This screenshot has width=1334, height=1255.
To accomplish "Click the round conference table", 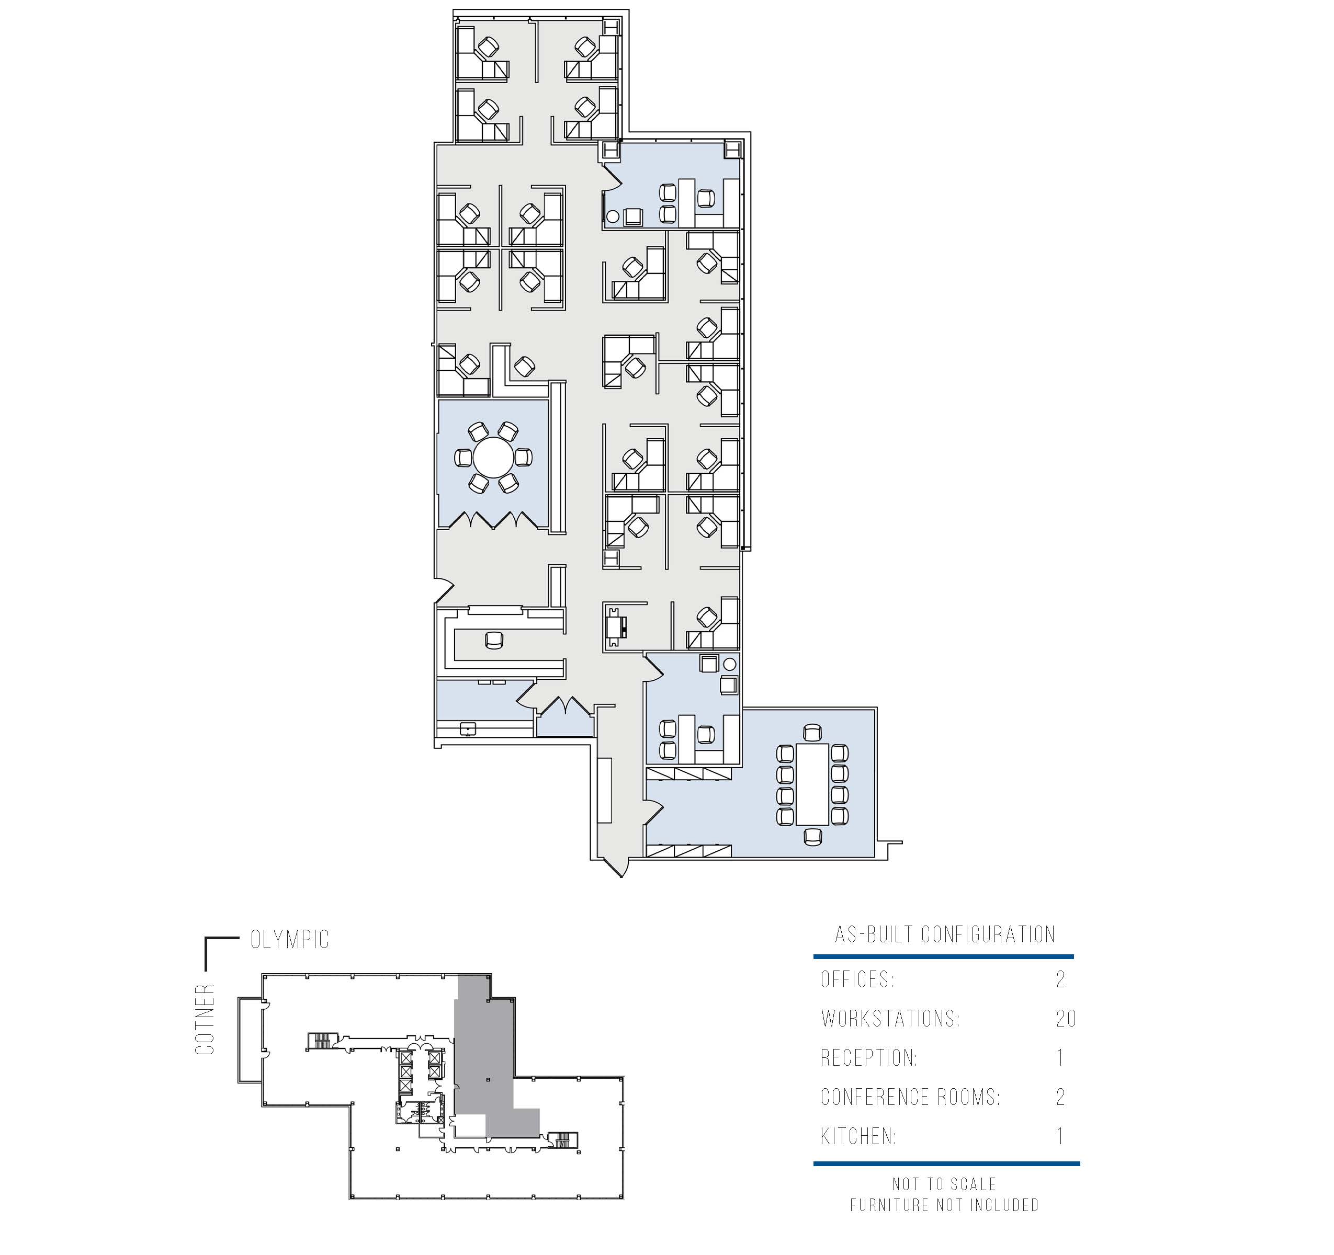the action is (x=494, y=457).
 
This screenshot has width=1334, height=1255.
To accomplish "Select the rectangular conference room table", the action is (x=812, y=784).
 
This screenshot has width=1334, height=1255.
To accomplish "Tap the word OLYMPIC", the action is (x=290, y=940).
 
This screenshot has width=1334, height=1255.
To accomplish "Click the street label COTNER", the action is (x=205, y=1020).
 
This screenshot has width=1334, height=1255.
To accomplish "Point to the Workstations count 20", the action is (x=1066, y=1019).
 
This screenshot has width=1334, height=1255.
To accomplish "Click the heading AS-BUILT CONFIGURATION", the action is (x=945, y=934).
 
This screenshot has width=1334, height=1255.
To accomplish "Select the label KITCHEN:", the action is (x=858, y=1136).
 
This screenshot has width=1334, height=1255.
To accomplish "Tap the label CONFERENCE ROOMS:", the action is (x=910, y=1098).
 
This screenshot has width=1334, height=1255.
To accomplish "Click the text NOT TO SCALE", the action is (x=944, y=1184).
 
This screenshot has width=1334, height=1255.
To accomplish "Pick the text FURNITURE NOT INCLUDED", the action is (x=944, y=1205).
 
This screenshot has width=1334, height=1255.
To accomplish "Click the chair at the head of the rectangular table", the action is (x=812, y=733).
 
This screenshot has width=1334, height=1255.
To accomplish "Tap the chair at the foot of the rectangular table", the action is (x=812, y=837).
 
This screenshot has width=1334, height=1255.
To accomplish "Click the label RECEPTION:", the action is (x=869, y=1058).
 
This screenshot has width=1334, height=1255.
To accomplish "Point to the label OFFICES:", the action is (x=857, y=979).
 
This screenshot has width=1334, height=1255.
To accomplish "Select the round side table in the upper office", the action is (x=612, y=216).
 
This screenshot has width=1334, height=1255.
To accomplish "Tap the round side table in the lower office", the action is (x=730, y=664).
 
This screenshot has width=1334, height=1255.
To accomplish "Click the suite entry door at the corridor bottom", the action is (x=616, y=868).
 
